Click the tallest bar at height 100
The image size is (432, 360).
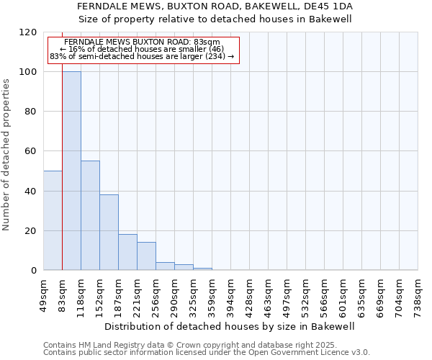point(71,171)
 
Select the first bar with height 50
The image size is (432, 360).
point(53,220)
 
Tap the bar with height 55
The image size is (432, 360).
point(90,215)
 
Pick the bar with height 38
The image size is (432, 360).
point(109,232)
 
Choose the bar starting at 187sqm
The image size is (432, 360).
point(127,252)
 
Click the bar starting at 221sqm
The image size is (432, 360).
point(146,256)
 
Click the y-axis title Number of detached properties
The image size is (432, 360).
point(6,155)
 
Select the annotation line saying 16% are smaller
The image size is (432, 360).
point(142,49)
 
